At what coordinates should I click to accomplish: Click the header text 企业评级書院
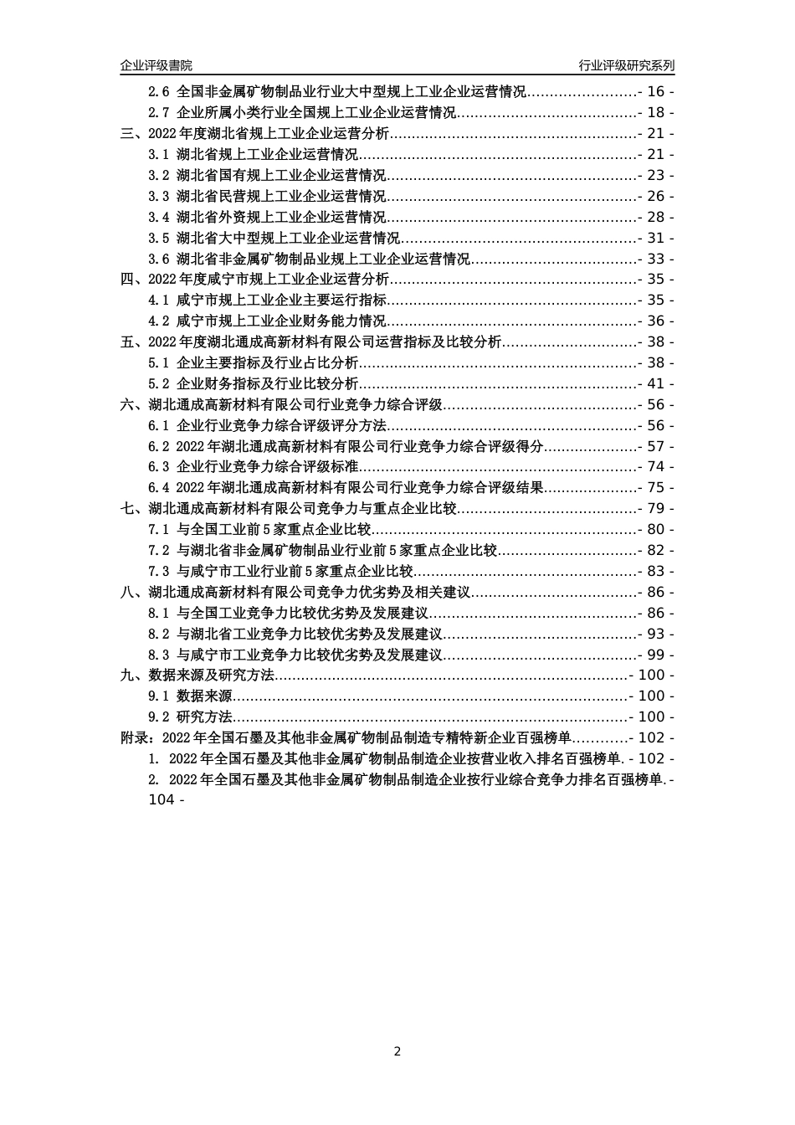[x=156, y=65]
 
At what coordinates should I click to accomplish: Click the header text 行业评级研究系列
[x=626, y=65]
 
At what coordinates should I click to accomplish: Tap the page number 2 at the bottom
[x=397, y=1051]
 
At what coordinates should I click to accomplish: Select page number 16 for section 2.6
[x=656, y=92]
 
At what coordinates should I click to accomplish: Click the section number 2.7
[x=159, y=113]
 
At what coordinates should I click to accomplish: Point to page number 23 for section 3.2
[x=656, y=176]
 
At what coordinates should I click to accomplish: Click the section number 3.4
[x=159, y=218]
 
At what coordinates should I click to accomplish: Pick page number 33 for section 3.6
[x=656, y=259]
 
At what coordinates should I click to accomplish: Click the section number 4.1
[x=159, y=301]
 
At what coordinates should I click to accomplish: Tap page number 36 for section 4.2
[x=656, y=321]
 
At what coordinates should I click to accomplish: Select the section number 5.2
[x=159, y=384]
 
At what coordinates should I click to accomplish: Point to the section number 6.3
[x=159, y=467]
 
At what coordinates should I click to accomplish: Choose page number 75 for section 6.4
[x=656, y=488]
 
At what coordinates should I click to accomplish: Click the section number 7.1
[x=159, y=530]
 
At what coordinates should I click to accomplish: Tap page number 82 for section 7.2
[x=656, y=551]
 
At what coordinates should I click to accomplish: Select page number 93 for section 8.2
[x=656, y=634]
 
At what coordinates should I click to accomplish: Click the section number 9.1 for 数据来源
[x=159, y=696]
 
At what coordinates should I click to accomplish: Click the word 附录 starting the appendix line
[x=134, y=738]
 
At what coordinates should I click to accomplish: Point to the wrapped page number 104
[x=161, y=800]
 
